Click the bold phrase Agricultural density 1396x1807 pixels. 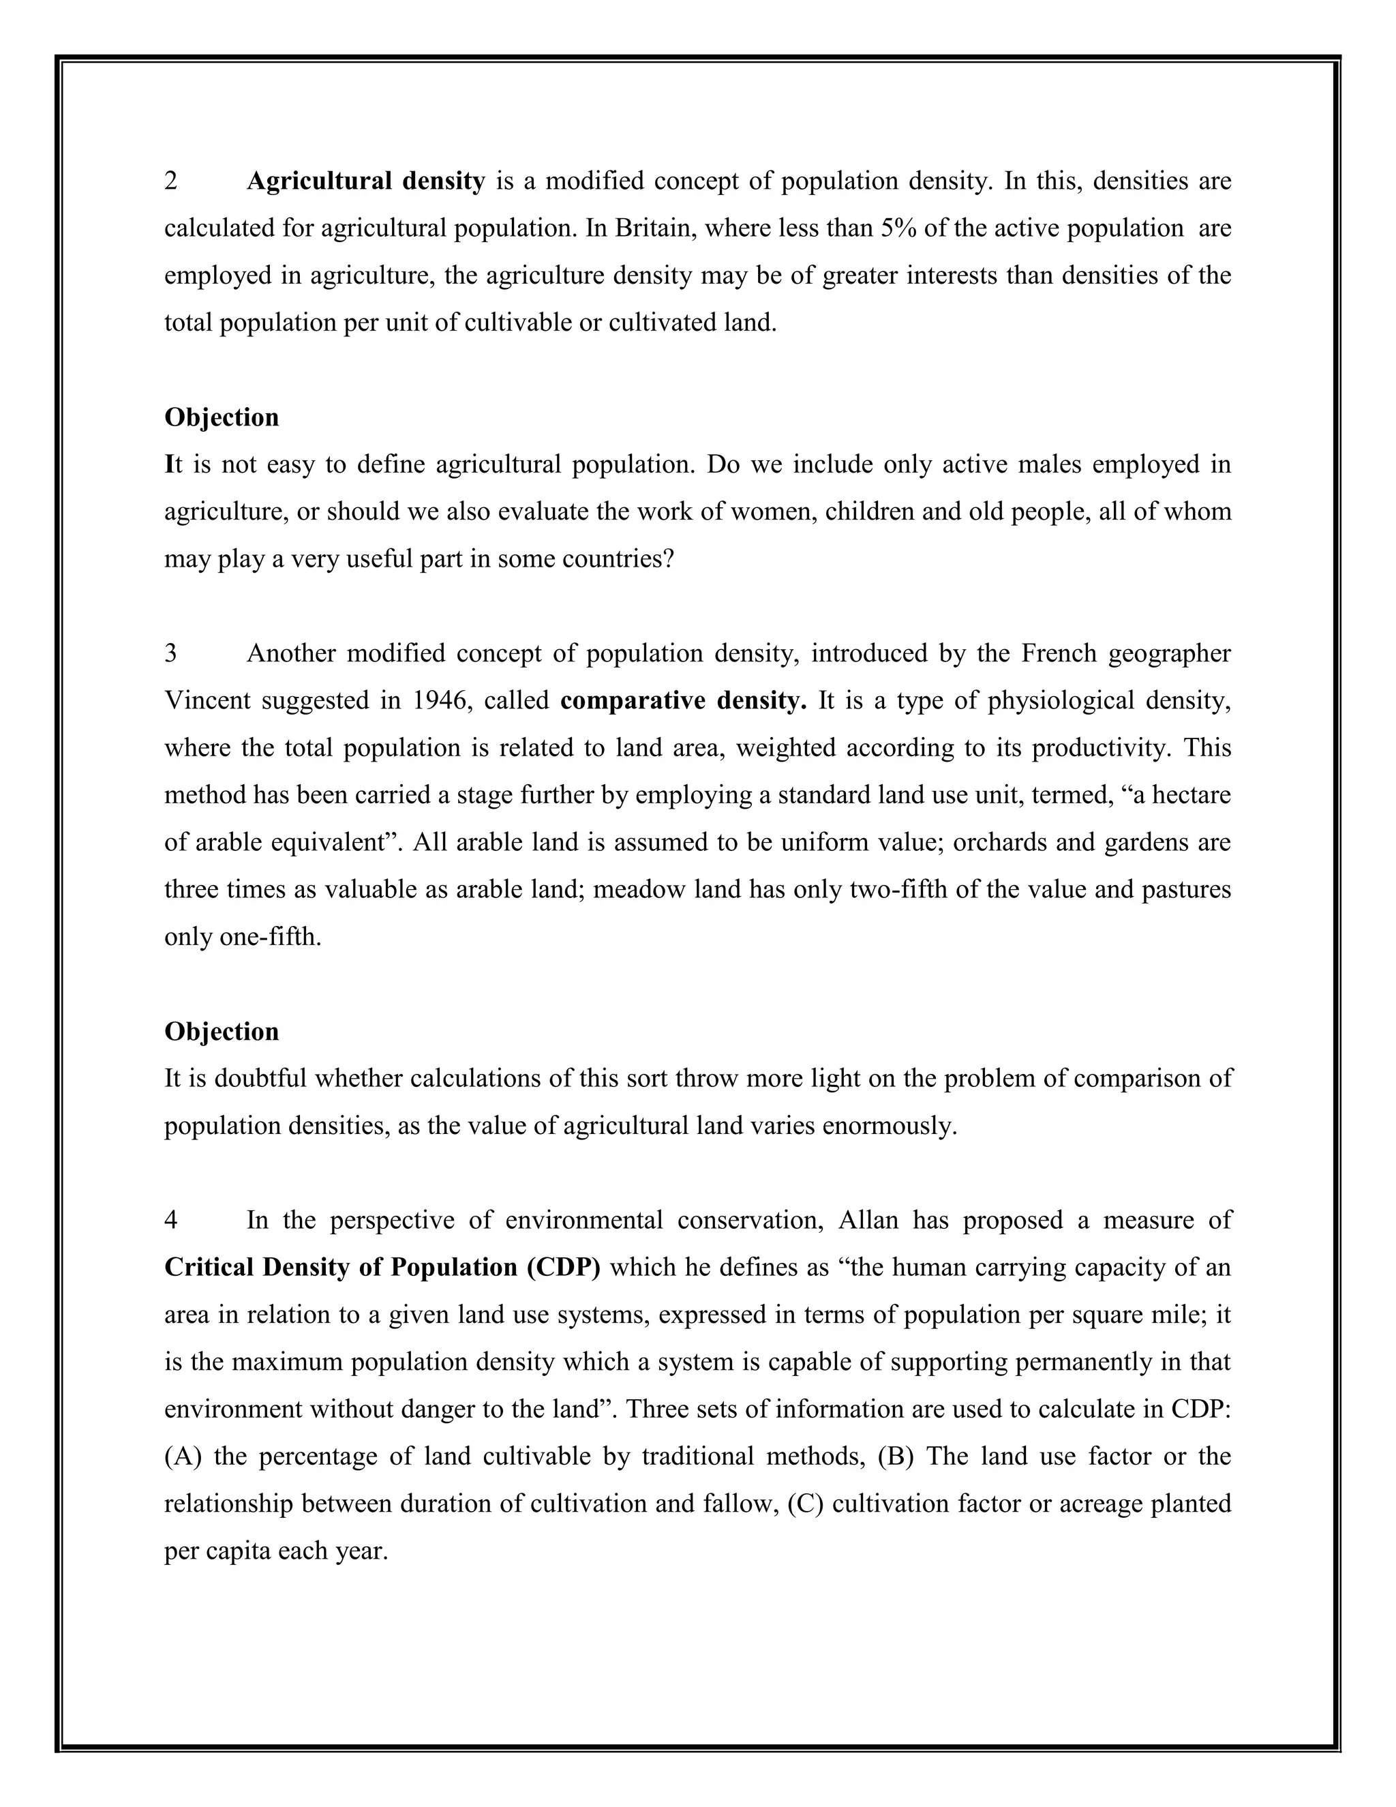(x=365, y=181)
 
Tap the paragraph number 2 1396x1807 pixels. (x=171, y=181)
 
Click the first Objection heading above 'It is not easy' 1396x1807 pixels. (x=222, y=417)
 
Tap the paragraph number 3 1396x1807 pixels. (x=171, y=654)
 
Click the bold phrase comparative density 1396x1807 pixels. (x=683, y=701)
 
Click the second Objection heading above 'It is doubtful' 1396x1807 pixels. (x=222, y=1032)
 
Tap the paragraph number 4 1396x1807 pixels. (x=171, y=1221)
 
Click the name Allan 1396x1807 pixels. (x=868, y=1221)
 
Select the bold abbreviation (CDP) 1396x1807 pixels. (x=563, y=1268)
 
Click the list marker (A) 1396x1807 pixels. (x=183, y=1457)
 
